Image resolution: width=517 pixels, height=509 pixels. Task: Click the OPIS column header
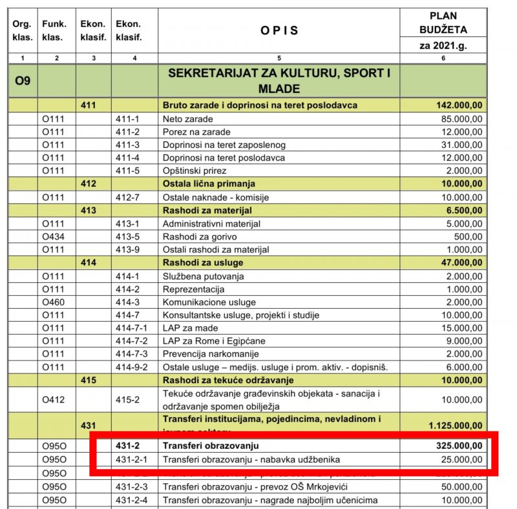[x=279, y=30]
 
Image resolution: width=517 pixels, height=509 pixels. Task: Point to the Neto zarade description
[x=188, y=119]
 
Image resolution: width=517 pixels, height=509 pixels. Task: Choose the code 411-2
[x=127, y=132]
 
